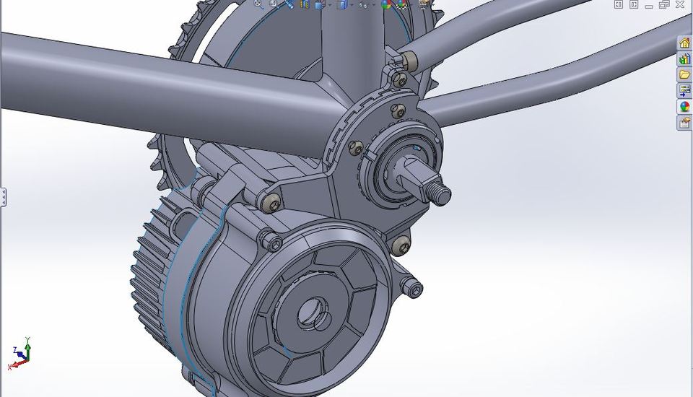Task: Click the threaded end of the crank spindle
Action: pyautogui.click(x=439, y=193)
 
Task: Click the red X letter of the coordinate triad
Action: pyautogui.click(x=10, y=367)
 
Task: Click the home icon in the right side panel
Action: pyautogui.click(x=684, y=43)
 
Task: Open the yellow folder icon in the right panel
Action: pyautogui.click(x=684, y=75)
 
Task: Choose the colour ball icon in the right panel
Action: pyautogui.click(x=684, y=107)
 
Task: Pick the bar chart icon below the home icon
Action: pyautogui.click(x=684, y=59)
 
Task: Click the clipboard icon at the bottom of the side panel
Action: pyautogui.click(x=684, y=123)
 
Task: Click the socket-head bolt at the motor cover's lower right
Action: pyautogui.click(x=414, y=289)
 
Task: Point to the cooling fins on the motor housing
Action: pyautogui.click(x=148, y=274)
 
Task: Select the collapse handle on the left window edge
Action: pyautogui.click(x=3, y=197)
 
